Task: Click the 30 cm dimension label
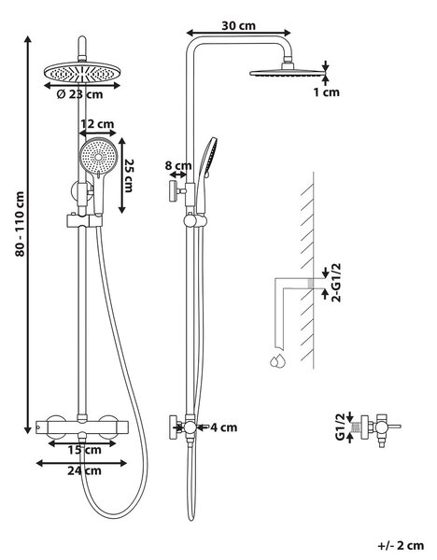[x=238, y=26]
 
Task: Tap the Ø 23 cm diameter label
[x=79, y=94]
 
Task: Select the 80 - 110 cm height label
[x=20, y=224]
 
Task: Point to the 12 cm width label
[x=97, y=124]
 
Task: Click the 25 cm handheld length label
[x=128, y=175]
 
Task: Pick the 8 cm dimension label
[x=178, y=166]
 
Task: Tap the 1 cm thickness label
[x=326, y=92]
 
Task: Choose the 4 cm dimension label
[x=223, y=427]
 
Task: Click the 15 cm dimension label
[x=84, y=450]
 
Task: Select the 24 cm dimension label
[x=84, y=470]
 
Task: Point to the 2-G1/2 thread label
[x=336, y=282]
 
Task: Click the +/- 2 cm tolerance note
[x=401, y=545]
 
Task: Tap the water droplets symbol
[x=277, y=361]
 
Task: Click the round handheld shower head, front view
[x=98, y=156]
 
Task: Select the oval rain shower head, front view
[x=82, y=73]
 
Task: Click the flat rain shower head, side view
[x=288, y=73]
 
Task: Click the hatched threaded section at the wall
[x=311, y=283]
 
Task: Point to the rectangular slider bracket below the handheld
[x=85, y=221]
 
